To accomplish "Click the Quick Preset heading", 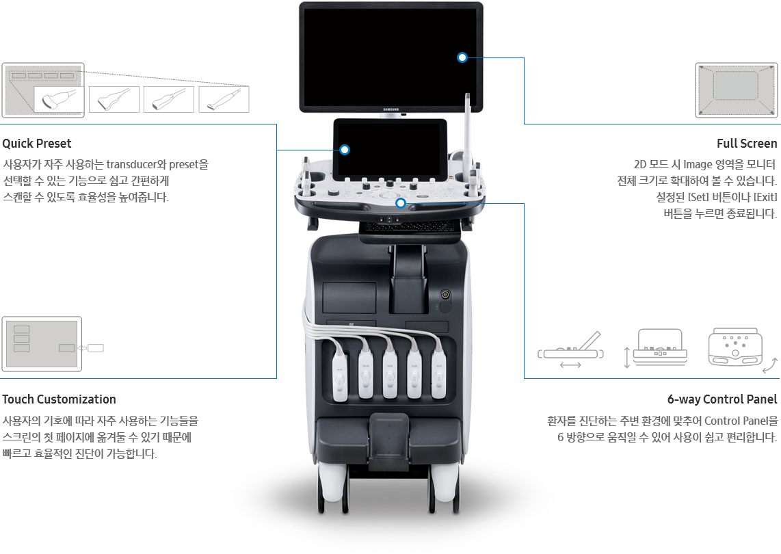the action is click(37, 144).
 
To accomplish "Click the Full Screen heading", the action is click(747, 144).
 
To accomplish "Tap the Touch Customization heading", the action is click(59, 399).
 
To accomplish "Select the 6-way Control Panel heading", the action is click(722, 399).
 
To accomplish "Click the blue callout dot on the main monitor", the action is click(462, 57).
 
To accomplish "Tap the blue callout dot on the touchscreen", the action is click(345, 150).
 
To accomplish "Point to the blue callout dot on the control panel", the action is click(401, 203).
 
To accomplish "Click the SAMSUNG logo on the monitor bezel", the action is click(391, 109).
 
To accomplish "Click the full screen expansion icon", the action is click(736, 90).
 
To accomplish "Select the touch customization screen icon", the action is click(42, 344).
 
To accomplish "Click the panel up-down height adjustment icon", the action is click(656, 347).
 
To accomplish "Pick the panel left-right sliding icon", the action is click(571, 350).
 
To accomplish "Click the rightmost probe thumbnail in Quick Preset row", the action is click(224, 99).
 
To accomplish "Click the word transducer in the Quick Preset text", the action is click(131, 164).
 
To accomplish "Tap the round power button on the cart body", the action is click(445, 295).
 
